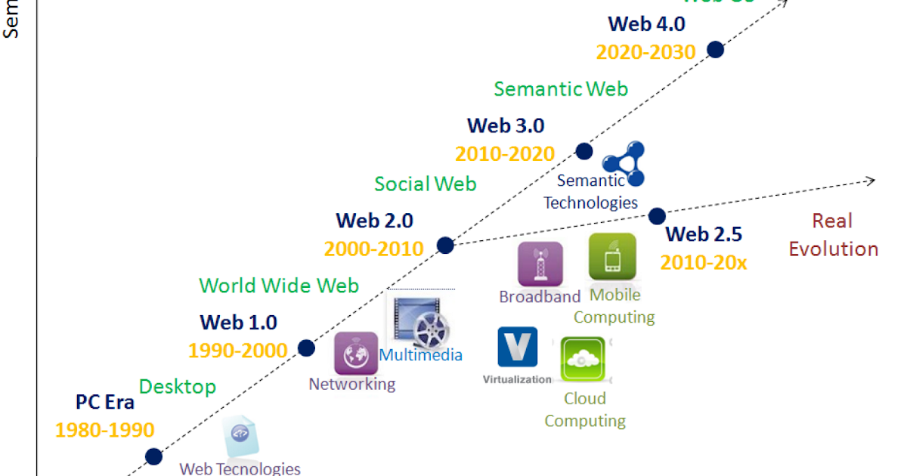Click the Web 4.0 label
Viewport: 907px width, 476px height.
tap(646, 23)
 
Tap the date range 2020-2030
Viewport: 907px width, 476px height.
tap(645, 52)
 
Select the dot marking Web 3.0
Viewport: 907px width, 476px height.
tap(584, 150)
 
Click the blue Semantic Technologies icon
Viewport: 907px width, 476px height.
tap(624, 163)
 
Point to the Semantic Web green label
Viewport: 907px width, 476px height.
tap(561, 89)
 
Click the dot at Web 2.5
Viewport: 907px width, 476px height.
tap(657, 215)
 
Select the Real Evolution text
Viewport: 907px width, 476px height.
tap(833, 235)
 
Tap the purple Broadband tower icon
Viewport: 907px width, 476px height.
tap(540, 264)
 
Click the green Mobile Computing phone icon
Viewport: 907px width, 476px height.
tap(612, 257)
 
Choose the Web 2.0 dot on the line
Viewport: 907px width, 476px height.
tap(445, 245)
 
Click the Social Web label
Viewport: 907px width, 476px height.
tap(426, 184)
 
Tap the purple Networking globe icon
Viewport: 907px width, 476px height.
tap(355, 353)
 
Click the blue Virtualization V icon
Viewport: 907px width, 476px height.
tap(518, 347)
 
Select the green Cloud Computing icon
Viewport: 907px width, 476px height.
tap(583, 360)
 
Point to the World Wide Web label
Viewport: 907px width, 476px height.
tap(279, 286)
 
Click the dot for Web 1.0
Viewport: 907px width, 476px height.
tap(306, 348)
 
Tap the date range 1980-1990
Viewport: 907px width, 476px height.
tap(104, 431)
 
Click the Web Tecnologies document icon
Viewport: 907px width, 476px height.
tap(241, 436)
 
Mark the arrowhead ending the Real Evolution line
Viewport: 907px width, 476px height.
tap(871, 181)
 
